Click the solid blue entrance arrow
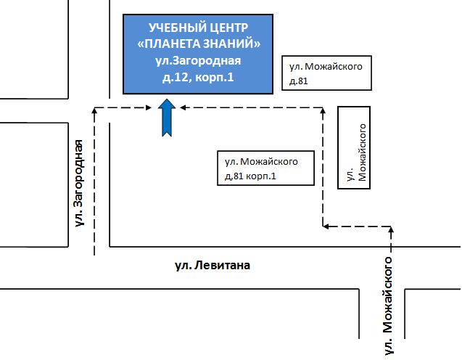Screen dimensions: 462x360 (167, 118)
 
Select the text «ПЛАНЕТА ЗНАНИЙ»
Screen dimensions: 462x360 (199, 44)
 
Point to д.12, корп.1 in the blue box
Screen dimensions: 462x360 (198, 77)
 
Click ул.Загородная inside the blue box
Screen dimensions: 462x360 (198, 61)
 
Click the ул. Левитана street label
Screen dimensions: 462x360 (213, 266)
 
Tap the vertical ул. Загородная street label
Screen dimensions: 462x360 (78, 183)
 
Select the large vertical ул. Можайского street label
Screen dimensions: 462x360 (388, 306)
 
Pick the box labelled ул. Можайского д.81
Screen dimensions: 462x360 (327, 73)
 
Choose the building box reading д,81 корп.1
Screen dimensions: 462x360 (265, 168)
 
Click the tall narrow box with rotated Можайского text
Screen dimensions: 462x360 (354, 147)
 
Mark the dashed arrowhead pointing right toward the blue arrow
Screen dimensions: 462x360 (149, 107)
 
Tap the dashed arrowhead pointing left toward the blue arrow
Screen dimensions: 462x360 (183, 107)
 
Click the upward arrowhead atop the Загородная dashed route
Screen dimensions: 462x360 (94, 110)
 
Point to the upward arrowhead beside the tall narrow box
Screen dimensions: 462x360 (323, 110)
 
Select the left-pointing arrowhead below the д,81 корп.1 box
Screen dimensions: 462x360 (326, 226)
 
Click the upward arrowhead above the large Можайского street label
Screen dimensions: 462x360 (391, 229)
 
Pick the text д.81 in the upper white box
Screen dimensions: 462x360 (299, 81)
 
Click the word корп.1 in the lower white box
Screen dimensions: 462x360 (261, 176)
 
